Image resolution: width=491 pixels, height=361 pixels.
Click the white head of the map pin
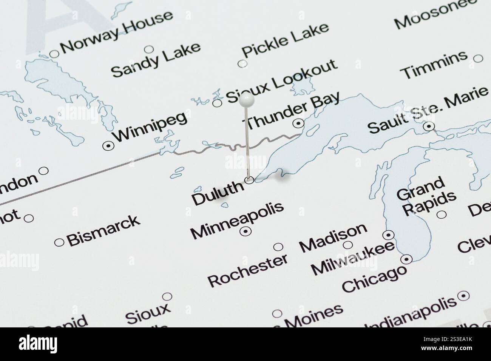[247, 100]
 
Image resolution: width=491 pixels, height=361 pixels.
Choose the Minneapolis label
[237, 221]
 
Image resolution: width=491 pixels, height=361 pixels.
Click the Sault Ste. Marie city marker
[428, 126]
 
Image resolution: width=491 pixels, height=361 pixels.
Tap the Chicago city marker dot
[406, 259]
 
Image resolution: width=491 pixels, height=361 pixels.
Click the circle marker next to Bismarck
[59, 242]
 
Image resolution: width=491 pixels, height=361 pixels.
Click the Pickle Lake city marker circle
[242, 64]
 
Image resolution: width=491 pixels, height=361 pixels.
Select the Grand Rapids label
[426, 196]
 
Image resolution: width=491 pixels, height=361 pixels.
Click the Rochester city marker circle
[278, 247]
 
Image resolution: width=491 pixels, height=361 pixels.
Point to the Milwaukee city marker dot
[388, 235]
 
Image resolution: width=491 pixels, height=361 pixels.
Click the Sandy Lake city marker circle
[149, 49]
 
